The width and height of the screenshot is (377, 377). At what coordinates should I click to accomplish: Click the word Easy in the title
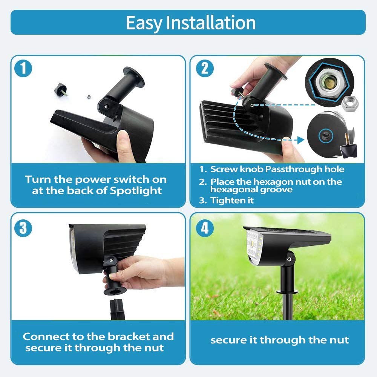(144, 23)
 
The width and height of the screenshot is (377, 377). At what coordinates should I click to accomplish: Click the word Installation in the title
(211, 23)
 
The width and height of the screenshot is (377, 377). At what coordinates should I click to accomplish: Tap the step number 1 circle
(23, 69)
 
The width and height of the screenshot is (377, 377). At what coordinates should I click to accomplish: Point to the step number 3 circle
(23, 229)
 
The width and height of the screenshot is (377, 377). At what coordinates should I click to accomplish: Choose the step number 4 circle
(205, 228)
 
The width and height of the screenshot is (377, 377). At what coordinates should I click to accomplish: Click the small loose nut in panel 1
(88, 97)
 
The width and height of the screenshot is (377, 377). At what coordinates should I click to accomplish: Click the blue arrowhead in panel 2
(300, 140)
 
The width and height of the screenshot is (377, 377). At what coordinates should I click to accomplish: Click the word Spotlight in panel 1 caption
(136, 191)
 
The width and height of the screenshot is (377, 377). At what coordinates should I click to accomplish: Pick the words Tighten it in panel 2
(232, 200)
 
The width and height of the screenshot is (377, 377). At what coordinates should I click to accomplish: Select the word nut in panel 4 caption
(339, 340)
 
